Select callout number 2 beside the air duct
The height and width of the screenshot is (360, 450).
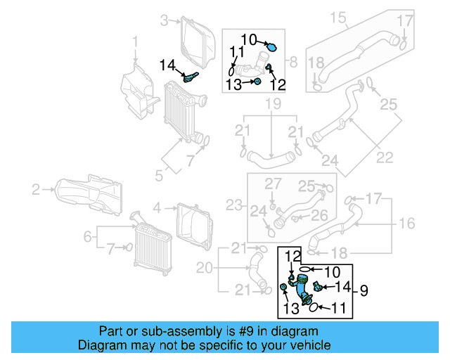pos(36,188)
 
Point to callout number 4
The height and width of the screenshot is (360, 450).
pos(157,207)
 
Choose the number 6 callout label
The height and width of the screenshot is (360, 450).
pos(88,237)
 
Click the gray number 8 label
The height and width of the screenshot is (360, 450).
pos(295,61)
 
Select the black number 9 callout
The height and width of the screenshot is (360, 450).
pos(364,289)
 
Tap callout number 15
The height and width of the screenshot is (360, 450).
pos(338,16)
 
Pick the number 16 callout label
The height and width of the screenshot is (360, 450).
pos(407,224)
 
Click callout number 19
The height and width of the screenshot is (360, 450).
pos(272,105)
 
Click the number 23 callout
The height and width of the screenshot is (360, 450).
pos(233,206)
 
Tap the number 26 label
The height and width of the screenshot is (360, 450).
pos(319,215)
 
